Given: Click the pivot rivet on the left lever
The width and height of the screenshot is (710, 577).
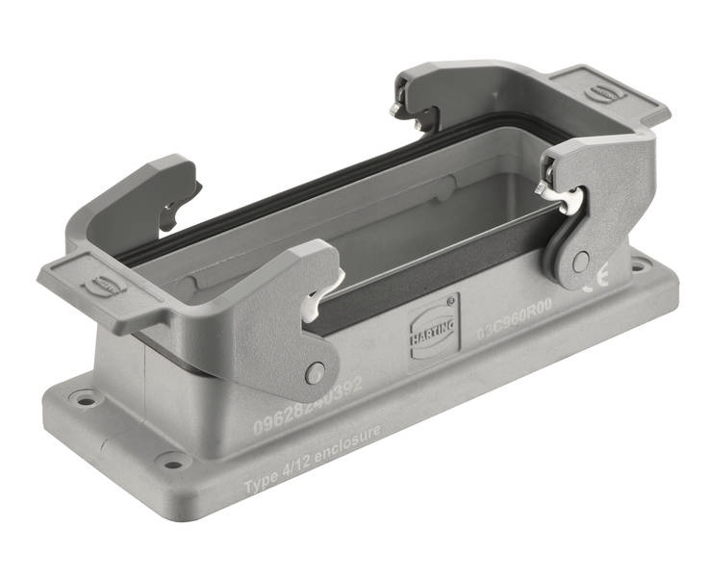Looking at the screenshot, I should coord(316,373).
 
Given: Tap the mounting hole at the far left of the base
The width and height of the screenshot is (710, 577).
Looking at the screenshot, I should coord(86,394).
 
